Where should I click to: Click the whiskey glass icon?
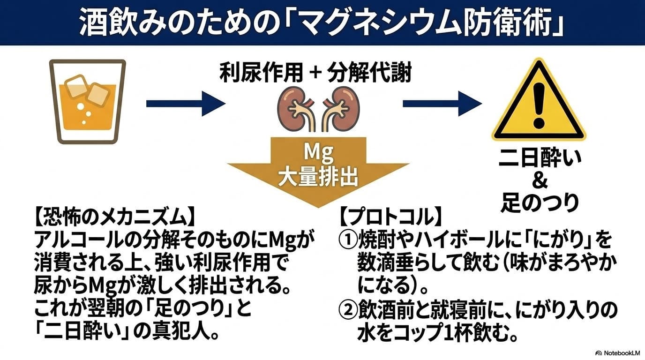point(88,101)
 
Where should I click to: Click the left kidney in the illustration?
point(294,109)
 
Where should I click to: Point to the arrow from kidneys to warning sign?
point(442,104)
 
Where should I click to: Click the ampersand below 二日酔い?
point(540,181)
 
